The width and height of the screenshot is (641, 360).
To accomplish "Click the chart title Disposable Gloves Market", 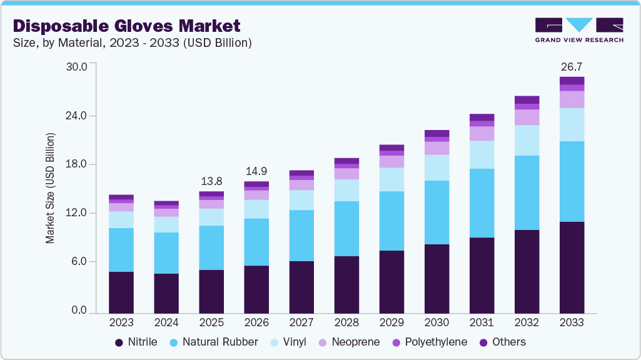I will point(127,26).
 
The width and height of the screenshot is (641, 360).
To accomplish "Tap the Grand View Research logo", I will point(579,29).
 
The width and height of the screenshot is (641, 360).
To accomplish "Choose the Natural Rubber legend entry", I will point(215,342).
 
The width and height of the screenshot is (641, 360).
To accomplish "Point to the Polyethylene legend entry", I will point(429,342).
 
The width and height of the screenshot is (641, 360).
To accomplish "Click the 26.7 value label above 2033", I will point(572,66).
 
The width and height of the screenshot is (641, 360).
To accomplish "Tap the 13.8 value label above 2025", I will point(211,181).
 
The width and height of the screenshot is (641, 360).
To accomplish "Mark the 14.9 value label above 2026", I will point(256,171).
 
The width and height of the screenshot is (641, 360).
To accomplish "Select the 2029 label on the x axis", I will point(391,323).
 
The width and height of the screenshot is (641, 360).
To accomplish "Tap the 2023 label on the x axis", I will point(121,323).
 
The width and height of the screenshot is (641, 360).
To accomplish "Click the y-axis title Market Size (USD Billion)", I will point(50,188).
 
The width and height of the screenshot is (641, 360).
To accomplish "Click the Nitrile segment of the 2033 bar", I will point(572,267).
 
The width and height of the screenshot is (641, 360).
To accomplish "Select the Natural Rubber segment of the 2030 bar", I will point(437,212).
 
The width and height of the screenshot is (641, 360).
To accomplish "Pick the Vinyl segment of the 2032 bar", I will point(527,140).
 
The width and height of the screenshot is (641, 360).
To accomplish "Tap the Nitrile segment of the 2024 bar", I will point(166,293).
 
